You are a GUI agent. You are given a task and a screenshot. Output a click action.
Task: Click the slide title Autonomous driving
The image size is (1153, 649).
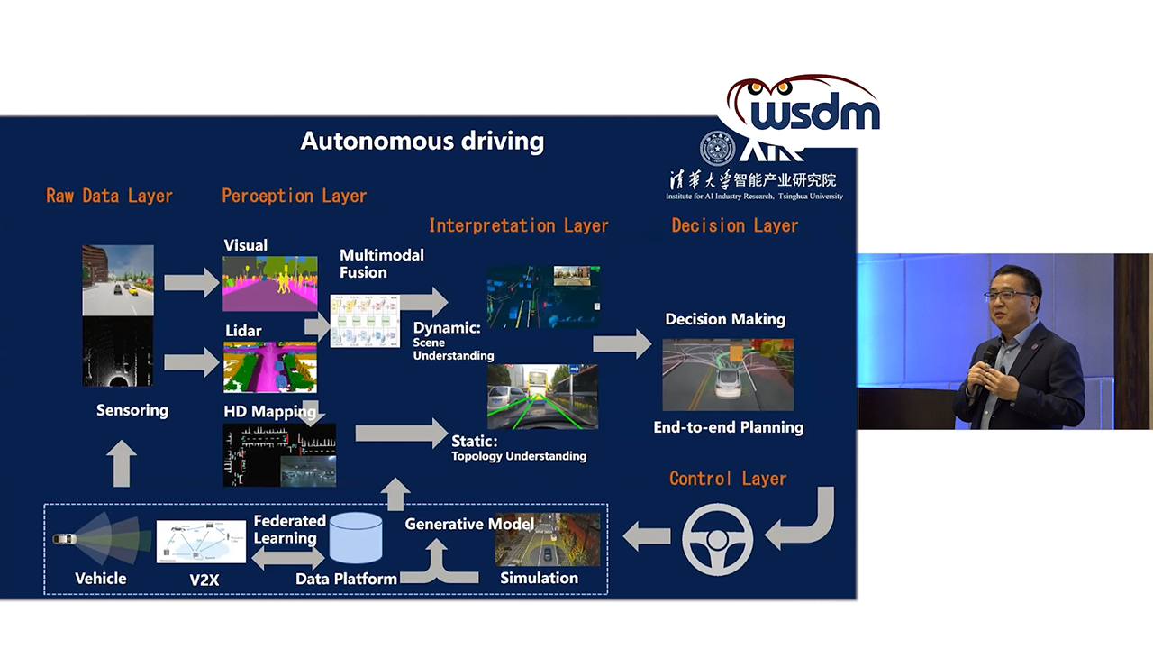[422, 142]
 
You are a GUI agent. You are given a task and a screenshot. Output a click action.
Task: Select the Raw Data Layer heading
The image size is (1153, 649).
[109, 196]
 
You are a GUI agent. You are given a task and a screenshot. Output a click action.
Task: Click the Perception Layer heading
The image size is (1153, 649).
[294, 196]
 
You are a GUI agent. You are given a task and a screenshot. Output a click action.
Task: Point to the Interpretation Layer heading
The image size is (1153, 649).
[518, 225]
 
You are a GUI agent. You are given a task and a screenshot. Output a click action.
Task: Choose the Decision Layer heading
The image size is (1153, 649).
[734, 225]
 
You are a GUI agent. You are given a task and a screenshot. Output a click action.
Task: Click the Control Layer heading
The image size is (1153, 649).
[728, 479]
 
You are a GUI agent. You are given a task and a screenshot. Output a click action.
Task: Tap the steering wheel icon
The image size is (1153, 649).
[717, 539]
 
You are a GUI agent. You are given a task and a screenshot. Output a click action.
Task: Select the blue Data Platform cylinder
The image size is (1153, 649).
[356, 538]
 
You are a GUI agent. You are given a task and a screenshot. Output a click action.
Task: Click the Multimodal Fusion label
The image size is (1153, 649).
[381, 263]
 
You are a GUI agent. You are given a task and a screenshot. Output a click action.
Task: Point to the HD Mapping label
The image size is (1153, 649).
[270, 412]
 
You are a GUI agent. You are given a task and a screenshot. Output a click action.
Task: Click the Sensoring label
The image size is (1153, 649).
[132, 410]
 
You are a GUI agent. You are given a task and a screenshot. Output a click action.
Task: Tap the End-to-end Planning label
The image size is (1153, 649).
[728, 427]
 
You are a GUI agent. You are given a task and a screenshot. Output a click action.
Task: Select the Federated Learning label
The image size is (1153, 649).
[288, 529]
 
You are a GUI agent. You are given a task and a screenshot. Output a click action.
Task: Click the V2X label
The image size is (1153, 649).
[204, 580]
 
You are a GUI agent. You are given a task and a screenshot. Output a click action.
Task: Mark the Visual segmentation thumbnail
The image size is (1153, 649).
[270, 283]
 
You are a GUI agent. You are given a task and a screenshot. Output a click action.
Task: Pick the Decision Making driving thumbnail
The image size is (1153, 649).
[728, 374]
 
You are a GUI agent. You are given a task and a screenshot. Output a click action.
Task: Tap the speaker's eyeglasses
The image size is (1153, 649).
[1009, 296]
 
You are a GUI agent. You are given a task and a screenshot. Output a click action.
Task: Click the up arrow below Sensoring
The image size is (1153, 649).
[123, 463]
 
